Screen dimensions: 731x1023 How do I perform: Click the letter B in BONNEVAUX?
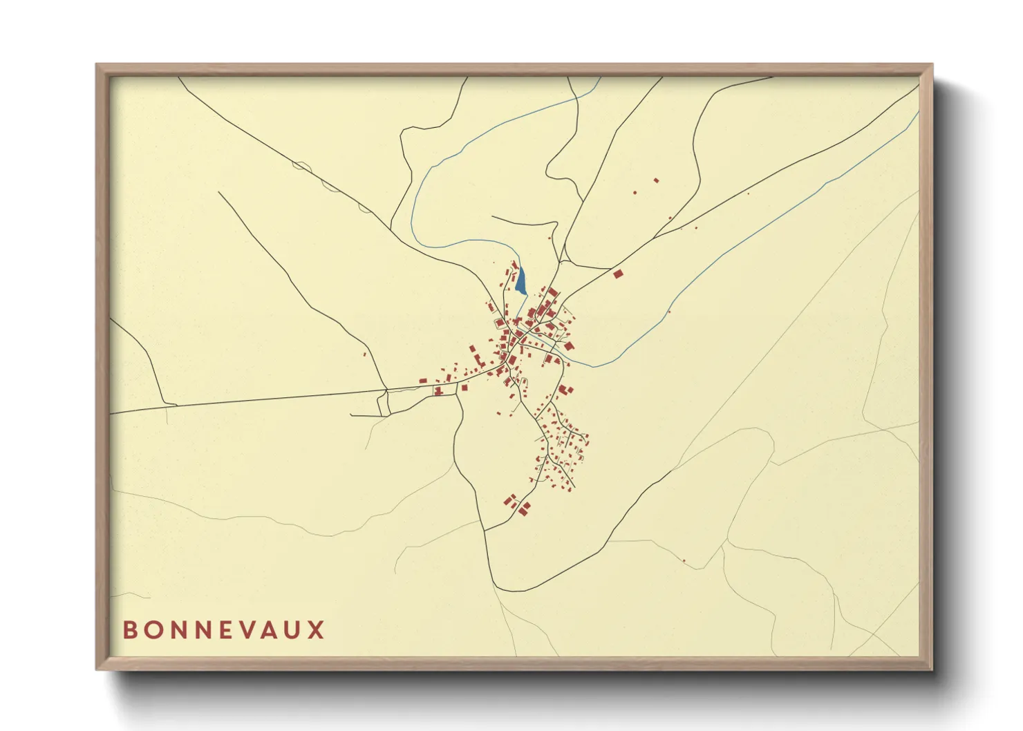point(130,630)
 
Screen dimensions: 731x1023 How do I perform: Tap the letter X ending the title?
point(317,630)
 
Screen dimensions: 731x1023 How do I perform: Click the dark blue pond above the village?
point(520,280)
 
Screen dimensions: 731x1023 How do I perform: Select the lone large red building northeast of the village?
point(618,274)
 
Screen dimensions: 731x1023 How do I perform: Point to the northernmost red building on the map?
point(656,180)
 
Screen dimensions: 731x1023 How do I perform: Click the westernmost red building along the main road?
point(423,381)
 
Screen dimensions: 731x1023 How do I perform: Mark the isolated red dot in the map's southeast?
point(684,560)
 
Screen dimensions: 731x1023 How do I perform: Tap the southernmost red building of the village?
point(523,513)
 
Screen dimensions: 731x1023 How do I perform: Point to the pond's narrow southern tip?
point(525,294)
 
